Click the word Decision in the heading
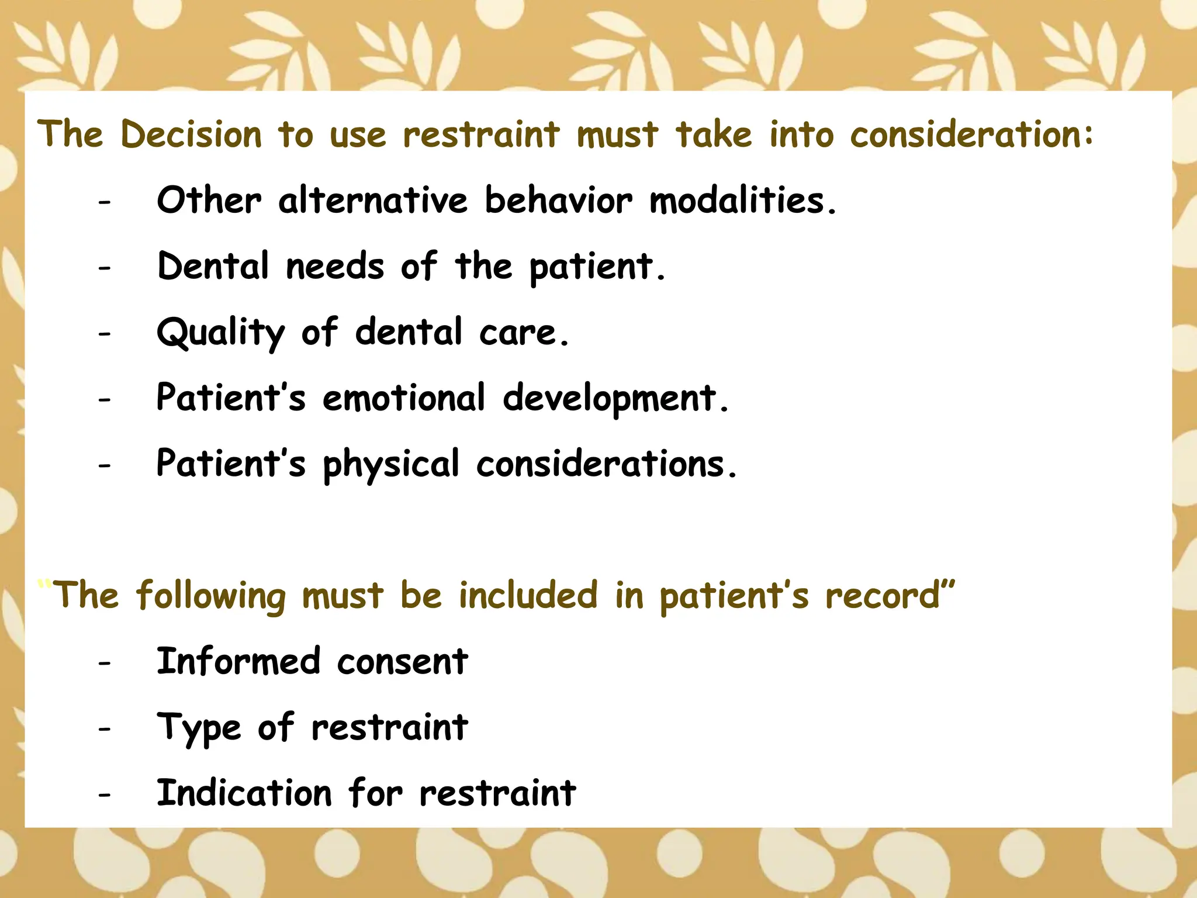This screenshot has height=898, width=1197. [x=191, y=134]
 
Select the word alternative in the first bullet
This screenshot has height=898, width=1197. [x=373, y=201]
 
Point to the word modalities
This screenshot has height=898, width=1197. [x=743, y=201]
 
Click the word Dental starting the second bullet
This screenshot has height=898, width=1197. [x=213, y=267]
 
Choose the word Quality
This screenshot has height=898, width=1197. [x=221, y=333]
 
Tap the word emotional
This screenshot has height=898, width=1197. [x=403, y=398]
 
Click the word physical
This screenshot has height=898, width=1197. [x=391, y=465]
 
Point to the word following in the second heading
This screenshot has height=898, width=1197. [x=211, y=596]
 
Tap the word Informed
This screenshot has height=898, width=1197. [x=238, y=662]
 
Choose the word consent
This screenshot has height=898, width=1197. [x=402, y=662]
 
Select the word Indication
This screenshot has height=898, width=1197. [x=244, y=793]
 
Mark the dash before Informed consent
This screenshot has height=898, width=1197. [x=105, y=664]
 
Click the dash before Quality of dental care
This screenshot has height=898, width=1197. [x=105, y=334]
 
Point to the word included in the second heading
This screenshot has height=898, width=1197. [x=528, y=596]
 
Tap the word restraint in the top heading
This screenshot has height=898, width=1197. [x=481, y=134]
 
